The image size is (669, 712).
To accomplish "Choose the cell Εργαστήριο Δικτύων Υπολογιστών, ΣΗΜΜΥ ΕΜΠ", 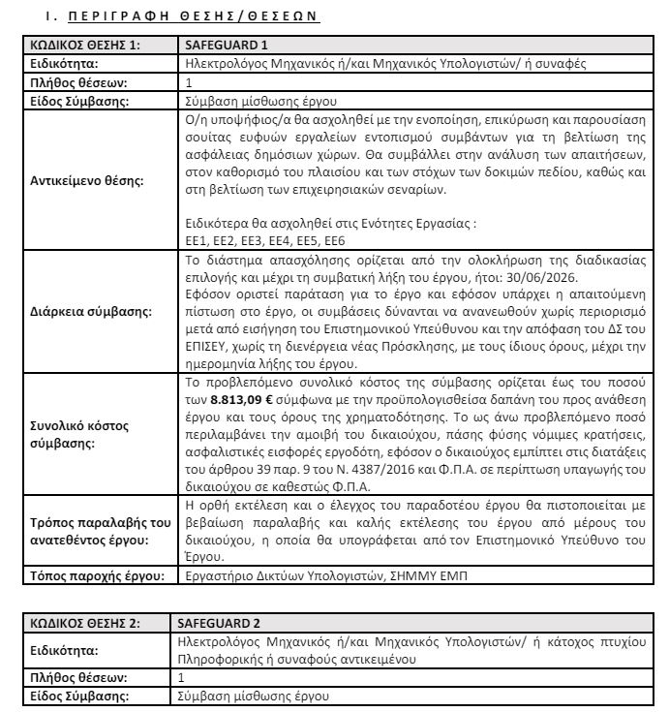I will pyautogui.click(x=327, y=575).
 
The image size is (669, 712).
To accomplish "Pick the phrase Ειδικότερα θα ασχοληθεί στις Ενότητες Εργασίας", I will pyautogui.click(x=330, y=222).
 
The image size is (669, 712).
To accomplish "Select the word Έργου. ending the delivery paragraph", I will pyautogui.click(x=204, y=556).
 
